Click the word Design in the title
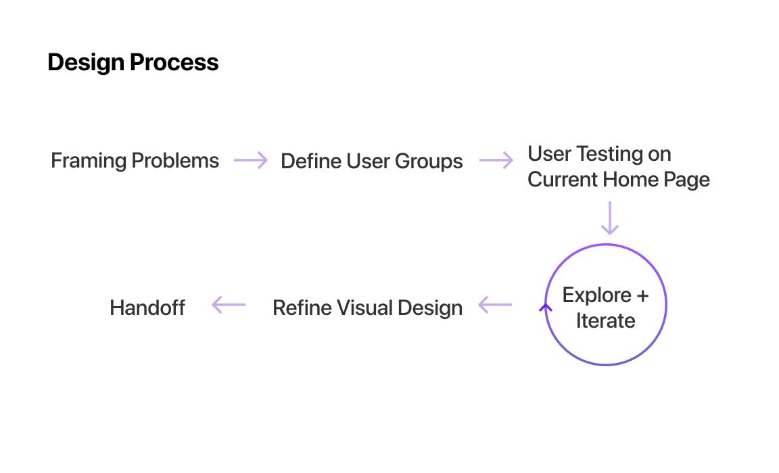(86, 63)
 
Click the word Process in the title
(174, 62)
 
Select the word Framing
(89, 161)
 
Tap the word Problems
(175, 160)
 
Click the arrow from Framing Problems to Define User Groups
(250, 160)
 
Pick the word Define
(310, 161)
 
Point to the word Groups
(429, 161)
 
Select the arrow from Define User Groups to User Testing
(496, 160)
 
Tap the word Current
(563, 179)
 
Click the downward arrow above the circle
(609, 218)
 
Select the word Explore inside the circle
(596, 296)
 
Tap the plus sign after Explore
(642, 296)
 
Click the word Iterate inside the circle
(606, 321)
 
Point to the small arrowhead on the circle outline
(546, 308)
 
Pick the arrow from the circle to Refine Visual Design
(495, 305)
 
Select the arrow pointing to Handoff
(229, 305)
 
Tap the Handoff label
(147, 307)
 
